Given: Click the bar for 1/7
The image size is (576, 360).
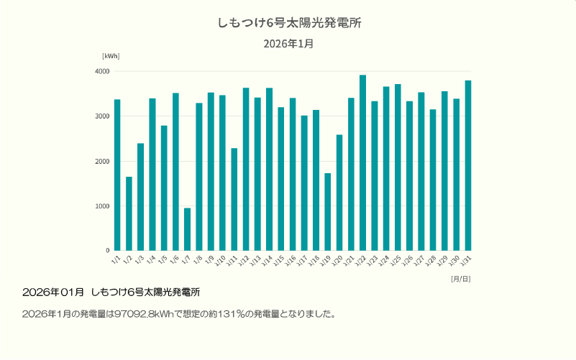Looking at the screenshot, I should [x=187, y=229].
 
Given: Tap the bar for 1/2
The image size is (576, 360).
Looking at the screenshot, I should [x=129, y=213].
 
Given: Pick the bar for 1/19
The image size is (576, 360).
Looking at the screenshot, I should [x=327, y=212].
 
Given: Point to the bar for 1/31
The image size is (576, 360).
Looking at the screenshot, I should [x=468, y=165].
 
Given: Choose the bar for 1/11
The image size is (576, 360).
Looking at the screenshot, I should [x=234, y=199].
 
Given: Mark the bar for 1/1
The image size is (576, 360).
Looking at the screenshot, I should [x=117, y=175].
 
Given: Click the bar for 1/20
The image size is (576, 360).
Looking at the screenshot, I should [x=339, y=193].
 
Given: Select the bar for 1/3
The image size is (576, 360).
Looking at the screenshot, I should [x=140, y=197].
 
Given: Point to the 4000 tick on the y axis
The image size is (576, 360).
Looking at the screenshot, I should [x=101, y=72].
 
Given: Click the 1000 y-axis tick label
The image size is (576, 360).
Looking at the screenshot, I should [x=101, y=206].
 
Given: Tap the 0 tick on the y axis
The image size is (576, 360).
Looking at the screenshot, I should [x=106, y=251].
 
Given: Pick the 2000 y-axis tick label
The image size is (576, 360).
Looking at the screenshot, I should [x=101, y=162].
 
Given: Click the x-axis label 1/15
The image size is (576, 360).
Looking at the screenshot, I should [x=280, y=259].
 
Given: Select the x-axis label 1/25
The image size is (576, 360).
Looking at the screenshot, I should [x=396, y=259].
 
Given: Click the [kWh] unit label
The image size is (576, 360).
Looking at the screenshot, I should [x=111, y=56].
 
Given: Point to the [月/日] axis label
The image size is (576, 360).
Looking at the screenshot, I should [x=460, y=278].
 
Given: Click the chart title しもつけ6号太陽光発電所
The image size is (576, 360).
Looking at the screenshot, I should [x=288, y=23].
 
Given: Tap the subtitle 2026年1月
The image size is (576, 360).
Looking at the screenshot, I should [x=288, y=44].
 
